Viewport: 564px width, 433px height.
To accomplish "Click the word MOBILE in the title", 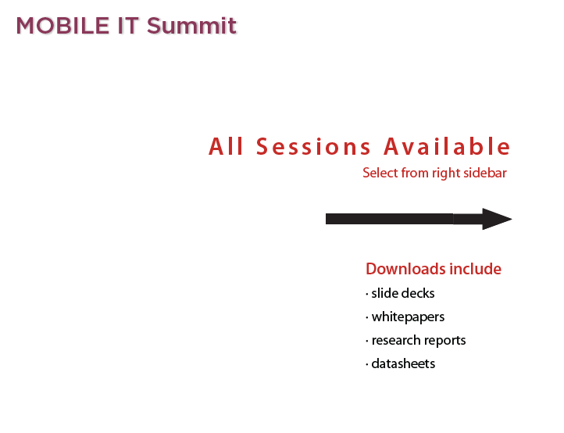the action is pos(62,26).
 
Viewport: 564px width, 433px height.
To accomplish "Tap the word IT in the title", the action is pos(128,26).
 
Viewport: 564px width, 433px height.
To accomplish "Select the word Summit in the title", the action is pos(191,26).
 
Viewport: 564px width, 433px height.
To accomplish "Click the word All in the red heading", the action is pos(227,146).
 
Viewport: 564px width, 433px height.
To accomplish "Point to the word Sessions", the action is pos(313,146).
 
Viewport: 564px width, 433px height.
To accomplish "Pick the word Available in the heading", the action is pos(447,146).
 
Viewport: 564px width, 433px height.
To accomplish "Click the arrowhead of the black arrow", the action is pos(497,219).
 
